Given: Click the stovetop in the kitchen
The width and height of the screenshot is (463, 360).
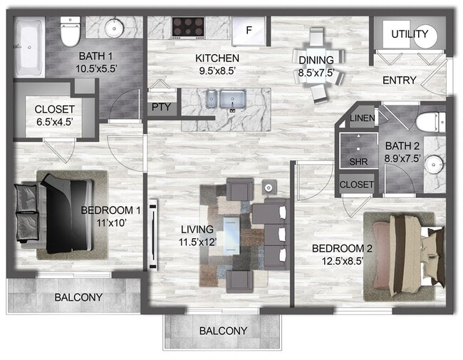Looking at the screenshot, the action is pos(188,28).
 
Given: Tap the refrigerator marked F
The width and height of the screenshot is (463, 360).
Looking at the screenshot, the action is pos(249,31).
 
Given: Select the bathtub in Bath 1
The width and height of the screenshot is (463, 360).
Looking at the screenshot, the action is pos(29,47).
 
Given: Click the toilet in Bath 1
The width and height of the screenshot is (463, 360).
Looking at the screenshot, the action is pos(70,31).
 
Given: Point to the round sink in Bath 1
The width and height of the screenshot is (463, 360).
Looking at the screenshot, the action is pos(114,28).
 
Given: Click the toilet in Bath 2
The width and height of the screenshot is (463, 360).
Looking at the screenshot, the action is pos(430,122).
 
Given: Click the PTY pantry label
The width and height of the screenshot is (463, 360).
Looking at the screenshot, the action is pos(161,107).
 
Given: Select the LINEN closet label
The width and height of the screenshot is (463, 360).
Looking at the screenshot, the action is pos(363,118).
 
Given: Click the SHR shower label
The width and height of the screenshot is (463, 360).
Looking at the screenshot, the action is pos(358,162).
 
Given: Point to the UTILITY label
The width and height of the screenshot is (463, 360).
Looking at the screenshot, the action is pos(410,34).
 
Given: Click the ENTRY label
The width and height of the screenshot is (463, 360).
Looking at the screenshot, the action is pos(399,80).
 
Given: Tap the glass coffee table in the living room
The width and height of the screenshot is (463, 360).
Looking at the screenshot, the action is pos(231,235).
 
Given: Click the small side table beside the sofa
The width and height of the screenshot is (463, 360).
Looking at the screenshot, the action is pos(269,187).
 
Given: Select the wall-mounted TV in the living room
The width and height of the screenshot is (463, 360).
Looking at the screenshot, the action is pos(153,235).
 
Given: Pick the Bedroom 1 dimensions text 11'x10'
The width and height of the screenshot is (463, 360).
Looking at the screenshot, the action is pos(112,223).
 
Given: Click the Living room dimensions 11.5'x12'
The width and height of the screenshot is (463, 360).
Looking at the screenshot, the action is pos(198,242).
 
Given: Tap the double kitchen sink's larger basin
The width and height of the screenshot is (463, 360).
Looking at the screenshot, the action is pos(233,99).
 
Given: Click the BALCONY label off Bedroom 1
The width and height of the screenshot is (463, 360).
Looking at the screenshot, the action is pos(78,297).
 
